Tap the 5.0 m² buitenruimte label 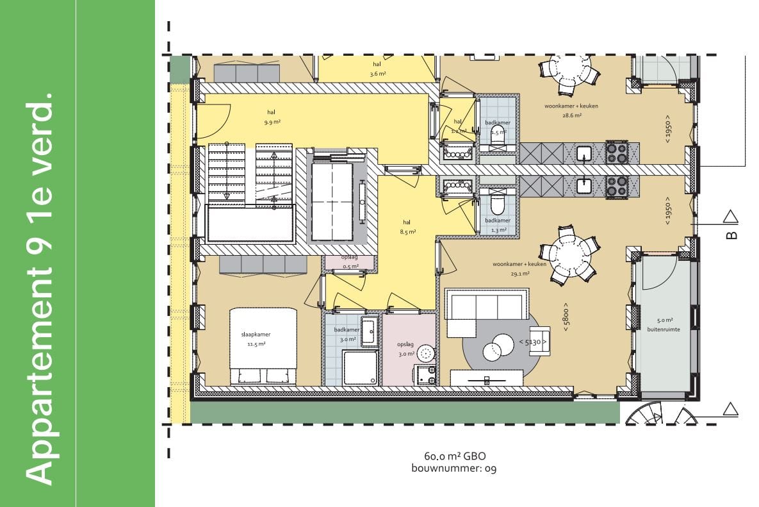[668, 324]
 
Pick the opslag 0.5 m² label [350, 262]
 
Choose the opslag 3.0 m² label [406, 349]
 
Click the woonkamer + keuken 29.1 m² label [519, 269]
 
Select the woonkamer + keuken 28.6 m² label [562, 110]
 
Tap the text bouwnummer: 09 [454, 469]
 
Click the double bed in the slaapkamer [264, 346]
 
